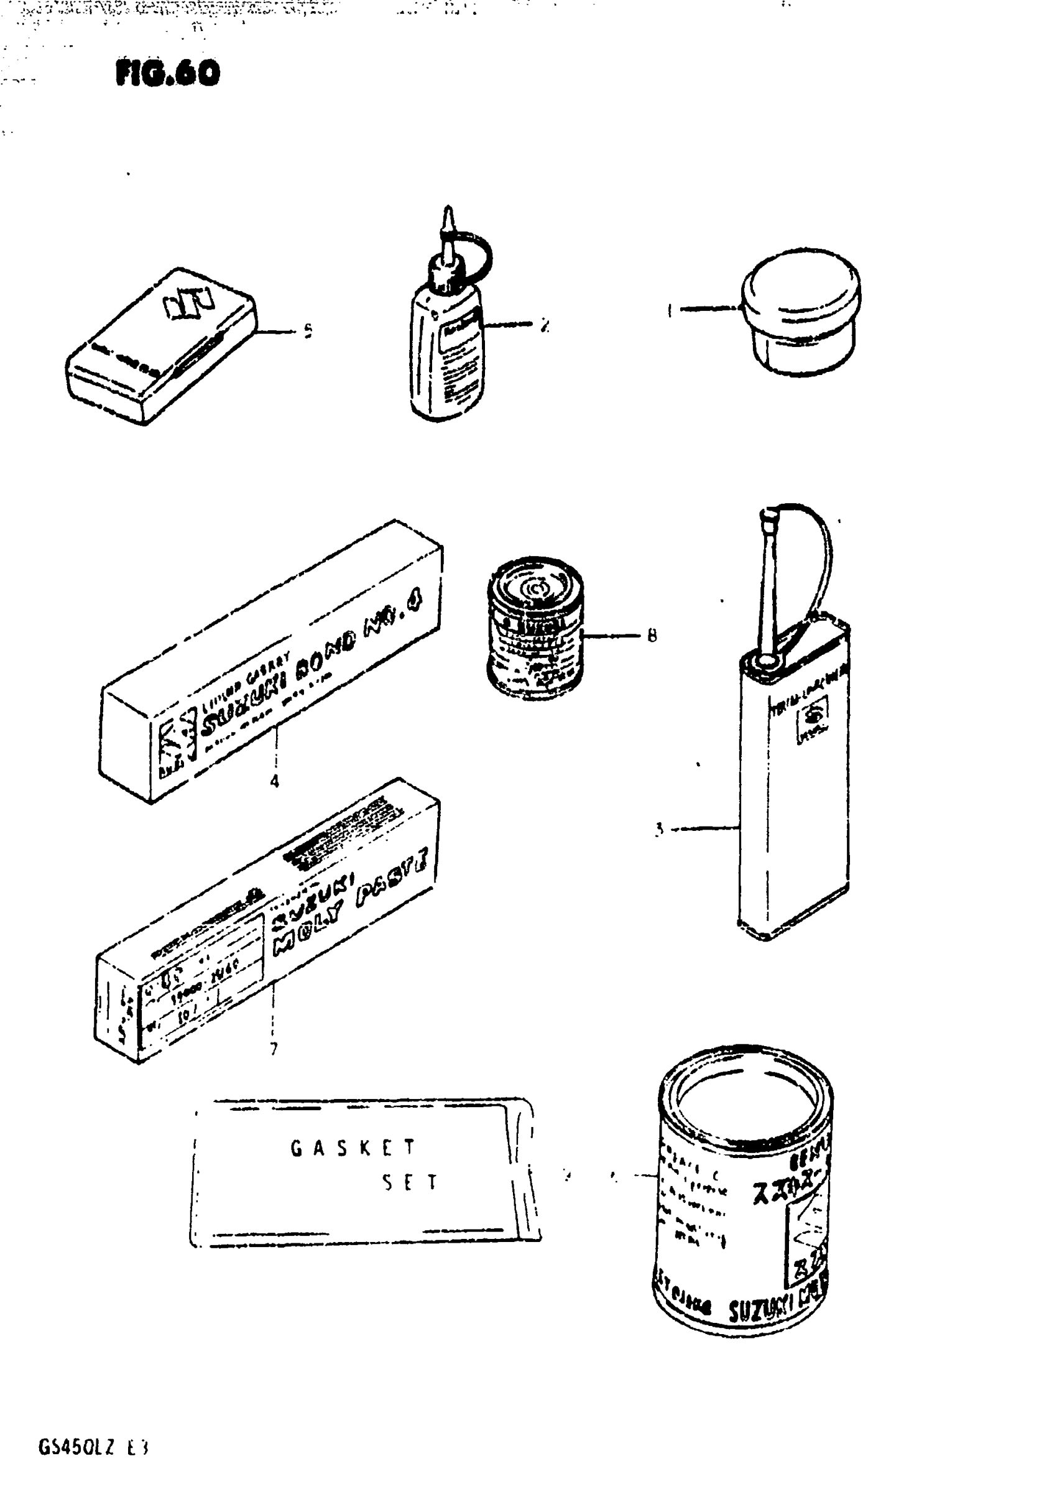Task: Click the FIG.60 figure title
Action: tap(167, 73)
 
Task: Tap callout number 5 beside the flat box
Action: tap(308, 331)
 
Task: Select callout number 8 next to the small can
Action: tap(652, 635)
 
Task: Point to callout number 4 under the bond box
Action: tap(275, 781)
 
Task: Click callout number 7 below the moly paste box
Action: tap(274, 1049)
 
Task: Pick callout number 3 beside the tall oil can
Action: tap(659, 830)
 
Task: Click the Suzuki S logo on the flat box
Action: tap(188, 303)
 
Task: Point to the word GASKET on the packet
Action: tap(353, 1147)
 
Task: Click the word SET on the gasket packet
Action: tap(410, 1183)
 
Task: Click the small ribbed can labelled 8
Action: tap(534, 628)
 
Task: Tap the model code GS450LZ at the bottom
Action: tap(76, 1448)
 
